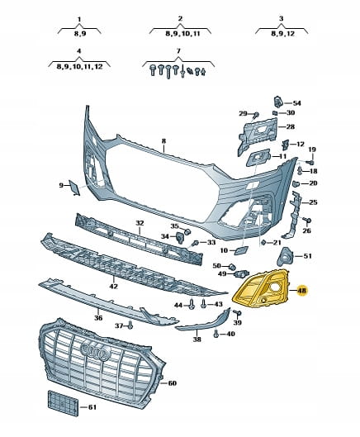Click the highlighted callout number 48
tap(302, 291)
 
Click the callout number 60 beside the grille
tap(173, 383)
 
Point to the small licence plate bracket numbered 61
tap(63, 403)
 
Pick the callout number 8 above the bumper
tap(163, 141)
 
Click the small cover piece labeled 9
tap(74, 188)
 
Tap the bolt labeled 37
tap(130, 325)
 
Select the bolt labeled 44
tap(192, 304)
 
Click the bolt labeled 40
tap(216, 334)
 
